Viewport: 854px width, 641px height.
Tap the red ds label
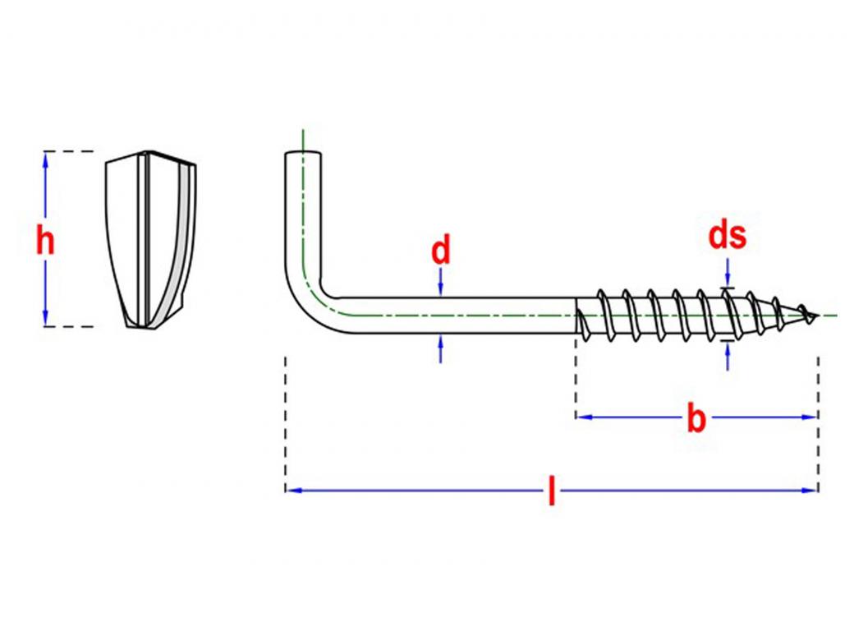tap(728, 236)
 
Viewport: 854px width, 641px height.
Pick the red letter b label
tap(696, 419)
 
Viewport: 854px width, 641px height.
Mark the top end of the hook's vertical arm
tap(303, 154)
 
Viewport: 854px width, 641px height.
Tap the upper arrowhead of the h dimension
tap(45, 159)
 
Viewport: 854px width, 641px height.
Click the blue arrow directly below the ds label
tap(728, 270)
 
